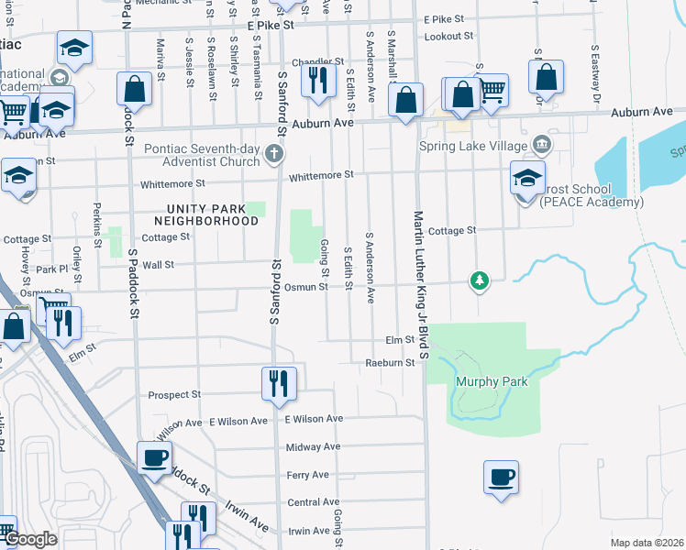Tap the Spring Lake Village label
[x=473, y=145]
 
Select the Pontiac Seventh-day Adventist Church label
[x=204, y=155]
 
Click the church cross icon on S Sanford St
[x=273, y=154]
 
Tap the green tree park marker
[x=478, y=280]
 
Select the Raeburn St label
[x=397, y=363]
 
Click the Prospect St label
[x=174, y=395]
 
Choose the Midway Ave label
[x=313, y=447]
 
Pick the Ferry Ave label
[x=307, y=475]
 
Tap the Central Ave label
[x=314, y=502]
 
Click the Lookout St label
[x=448, y=37]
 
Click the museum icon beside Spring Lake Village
[x=541, y=145]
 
